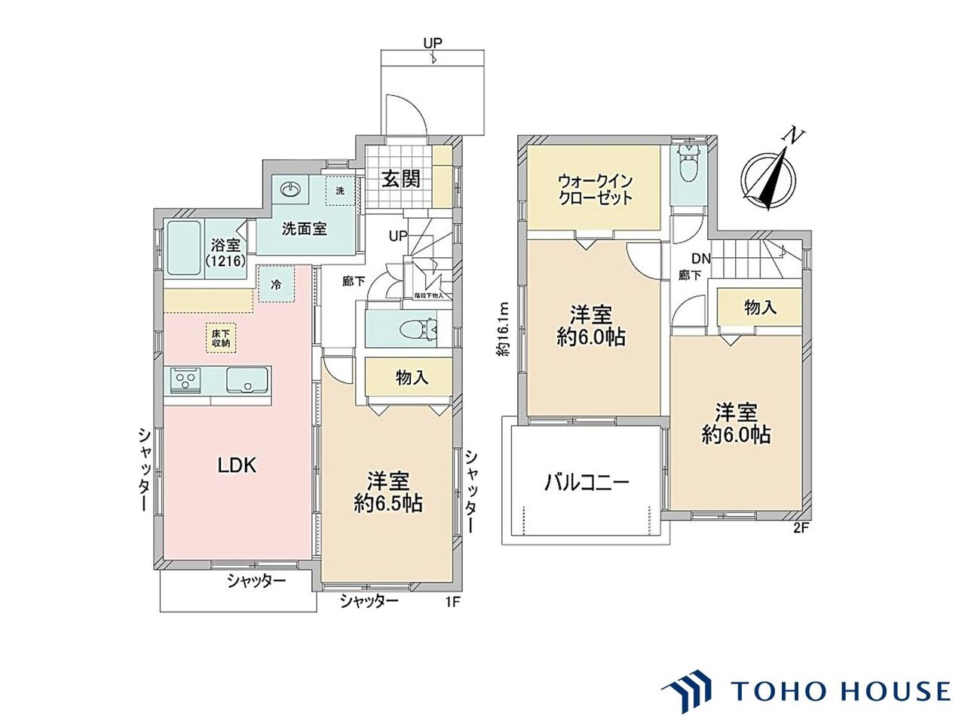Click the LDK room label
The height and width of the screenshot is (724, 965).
(x=237, y=465)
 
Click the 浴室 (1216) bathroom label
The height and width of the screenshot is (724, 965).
(x=224, y=252)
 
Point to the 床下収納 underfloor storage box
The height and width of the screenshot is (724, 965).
(x=220, y=337)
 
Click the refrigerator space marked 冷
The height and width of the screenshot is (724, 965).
(x=276, y=285)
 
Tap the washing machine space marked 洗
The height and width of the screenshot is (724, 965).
(x=339, y=191)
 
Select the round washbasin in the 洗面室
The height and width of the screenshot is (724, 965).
(x=292, y=189)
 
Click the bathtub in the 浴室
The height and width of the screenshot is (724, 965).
(x=182, y=250)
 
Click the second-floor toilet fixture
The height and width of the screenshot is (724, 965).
(x=687, y=168)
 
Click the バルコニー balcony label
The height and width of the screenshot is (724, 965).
(x=587, y=483)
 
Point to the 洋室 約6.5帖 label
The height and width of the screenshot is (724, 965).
(x=388, y=492)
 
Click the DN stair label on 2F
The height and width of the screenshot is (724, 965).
(x=701, y=258)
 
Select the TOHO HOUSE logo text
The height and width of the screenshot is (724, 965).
(x=840, y=691)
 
